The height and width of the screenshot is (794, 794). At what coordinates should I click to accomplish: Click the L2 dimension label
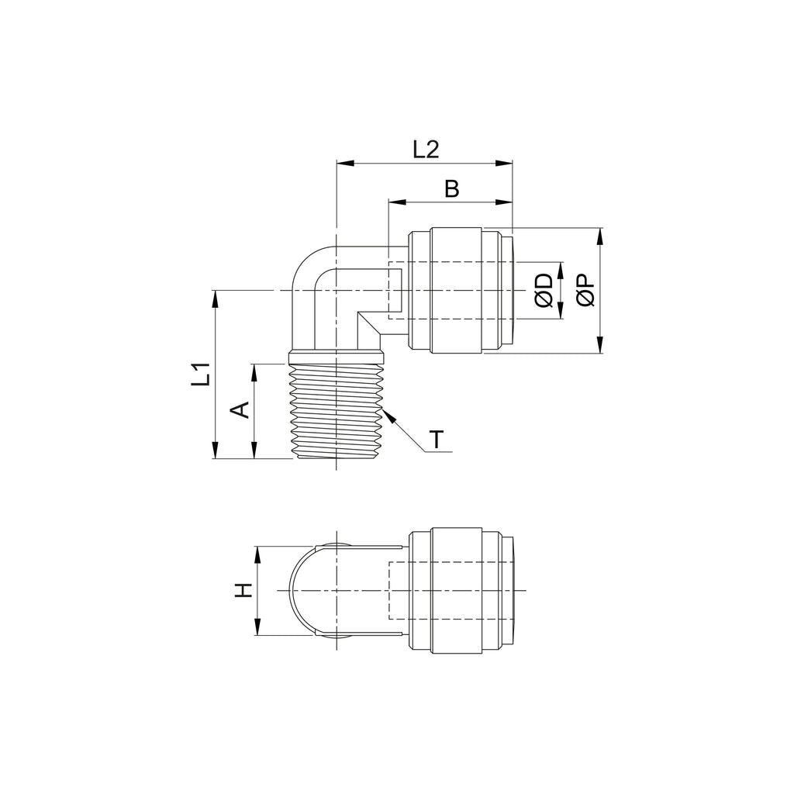[426, 150]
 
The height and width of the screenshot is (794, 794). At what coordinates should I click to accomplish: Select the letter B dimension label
[452, 189]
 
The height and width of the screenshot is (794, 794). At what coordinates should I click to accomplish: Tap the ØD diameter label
[544, 291]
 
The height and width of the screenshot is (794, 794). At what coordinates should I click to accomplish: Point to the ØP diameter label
[585, 291]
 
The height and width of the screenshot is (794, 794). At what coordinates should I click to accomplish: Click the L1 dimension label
[201, 375]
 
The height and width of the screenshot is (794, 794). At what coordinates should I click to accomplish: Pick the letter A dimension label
[240, 409]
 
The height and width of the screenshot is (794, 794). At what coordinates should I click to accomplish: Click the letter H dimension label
[243, 590]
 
